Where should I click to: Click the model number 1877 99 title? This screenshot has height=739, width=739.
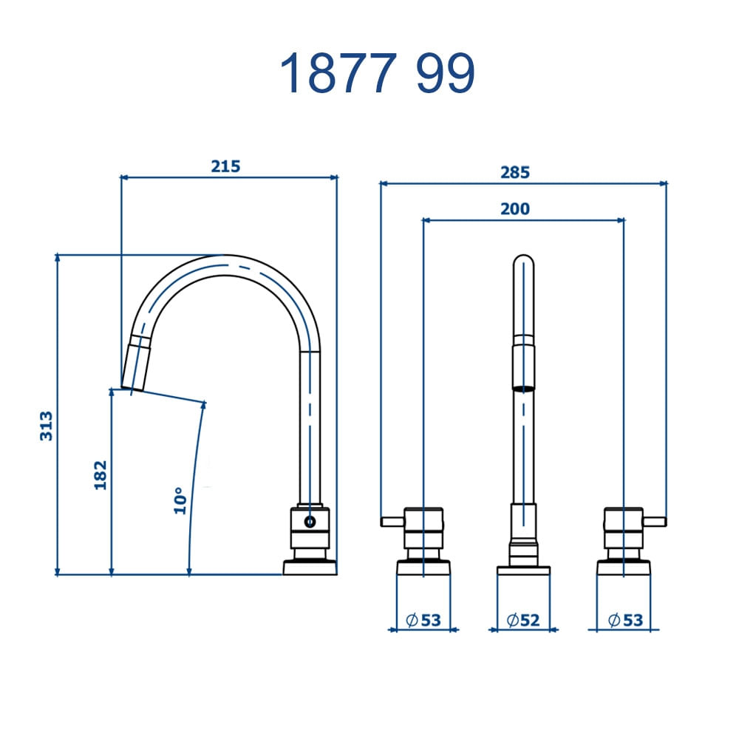(x=377, y=73)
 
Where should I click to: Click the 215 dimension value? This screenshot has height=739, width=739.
(x=225, y=166)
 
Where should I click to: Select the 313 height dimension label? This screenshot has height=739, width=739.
(x=47, y=426)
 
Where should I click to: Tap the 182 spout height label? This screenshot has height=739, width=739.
(x=101, y=474)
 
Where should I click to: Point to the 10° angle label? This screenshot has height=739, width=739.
(x=180, y=501)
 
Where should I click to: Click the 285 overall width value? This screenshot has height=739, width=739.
(x=515, y=172)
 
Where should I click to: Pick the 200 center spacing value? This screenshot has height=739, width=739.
(x=515, y=209)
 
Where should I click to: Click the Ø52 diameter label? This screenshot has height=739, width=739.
(x=523, y=620)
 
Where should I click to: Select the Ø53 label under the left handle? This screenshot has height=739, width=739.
(x=423, y=620)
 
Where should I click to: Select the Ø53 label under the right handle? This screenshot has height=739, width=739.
(x=625, y=620)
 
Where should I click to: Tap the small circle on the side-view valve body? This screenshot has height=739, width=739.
(x=310, y=522)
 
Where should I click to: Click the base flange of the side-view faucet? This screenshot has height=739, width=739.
(x=310, y=568)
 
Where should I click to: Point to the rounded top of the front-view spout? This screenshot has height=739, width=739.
(x=523, y=264)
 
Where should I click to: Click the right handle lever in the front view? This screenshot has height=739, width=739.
(x=655, y=522)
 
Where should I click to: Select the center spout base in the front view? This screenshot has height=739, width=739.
(x=523, y=571)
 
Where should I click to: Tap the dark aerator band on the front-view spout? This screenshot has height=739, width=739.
(x=523, y=387)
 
